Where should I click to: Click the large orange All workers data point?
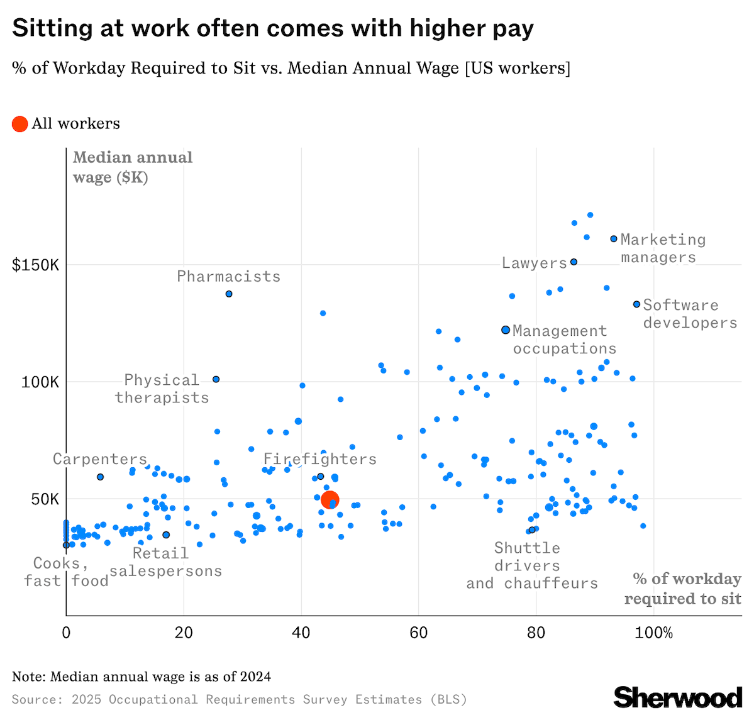coord(330,500)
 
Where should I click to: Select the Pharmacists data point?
coord(229,294)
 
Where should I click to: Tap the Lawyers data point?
coord(574,262)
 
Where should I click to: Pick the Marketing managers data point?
coord(614,239)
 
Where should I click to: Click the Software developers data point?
coord(636,304)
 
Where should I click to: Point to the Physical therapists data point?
coord(216,379)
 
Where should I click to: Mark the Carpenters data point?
coord(100,477)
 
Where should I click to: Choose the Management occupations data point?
coord(506,330)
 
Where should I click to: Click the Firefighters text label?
coord(320,459)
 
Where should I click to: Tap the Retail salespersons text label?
coord(166,562)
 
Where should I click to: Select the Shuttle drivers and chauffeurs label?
coord(531,565)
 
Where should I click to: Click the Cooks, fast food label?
coord(65,572)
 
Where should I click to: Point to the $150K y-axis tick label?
coord(36,265)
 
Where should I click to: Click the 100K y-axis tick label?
coord(40,382)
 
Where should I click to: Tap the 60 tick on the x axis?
coord(419,633)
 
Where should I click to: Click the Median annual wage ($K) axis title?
coord(133,167)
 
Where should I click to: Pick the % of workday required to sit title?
coord(683,589)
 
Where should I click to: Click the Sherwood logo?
coord(678,697)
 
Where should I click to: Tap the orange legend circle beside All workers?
coord(20,124)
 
